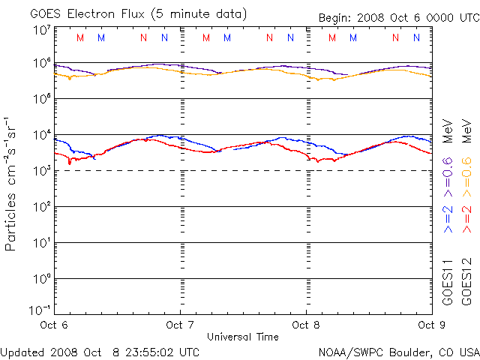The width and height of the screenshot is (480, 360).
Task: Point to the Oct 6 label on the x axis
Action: click(x=54, y=325)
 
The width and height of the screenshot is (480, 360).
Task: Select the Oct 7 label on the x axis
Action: click(x=180, y=325)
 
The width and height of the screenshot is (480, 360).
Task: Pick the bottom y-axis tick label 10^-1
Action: click(x=40, y=310)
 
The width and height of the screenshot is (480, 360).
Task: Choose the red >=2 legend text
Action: click(x=466, y=217)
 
